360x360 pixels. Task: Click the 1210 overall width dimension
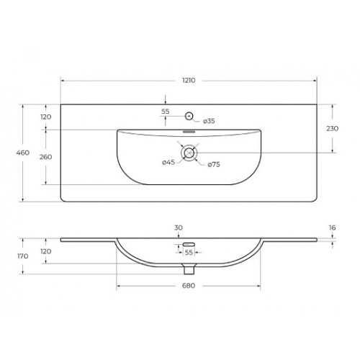189,80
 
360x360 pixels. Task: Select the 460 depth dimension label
23,153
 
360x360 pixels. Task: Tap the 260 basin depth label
45,157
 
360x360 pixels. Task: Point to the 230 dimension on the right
333,129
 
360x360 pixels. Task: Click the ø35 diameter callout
209,121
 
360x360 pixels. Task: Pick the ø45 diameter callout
168,163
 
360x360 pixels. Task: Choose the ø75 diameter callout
214,164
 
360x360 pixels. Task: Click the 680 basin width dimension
189,286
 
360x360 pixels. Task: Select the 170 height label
23,256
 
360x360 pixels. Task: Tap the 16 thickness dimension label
332,228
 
